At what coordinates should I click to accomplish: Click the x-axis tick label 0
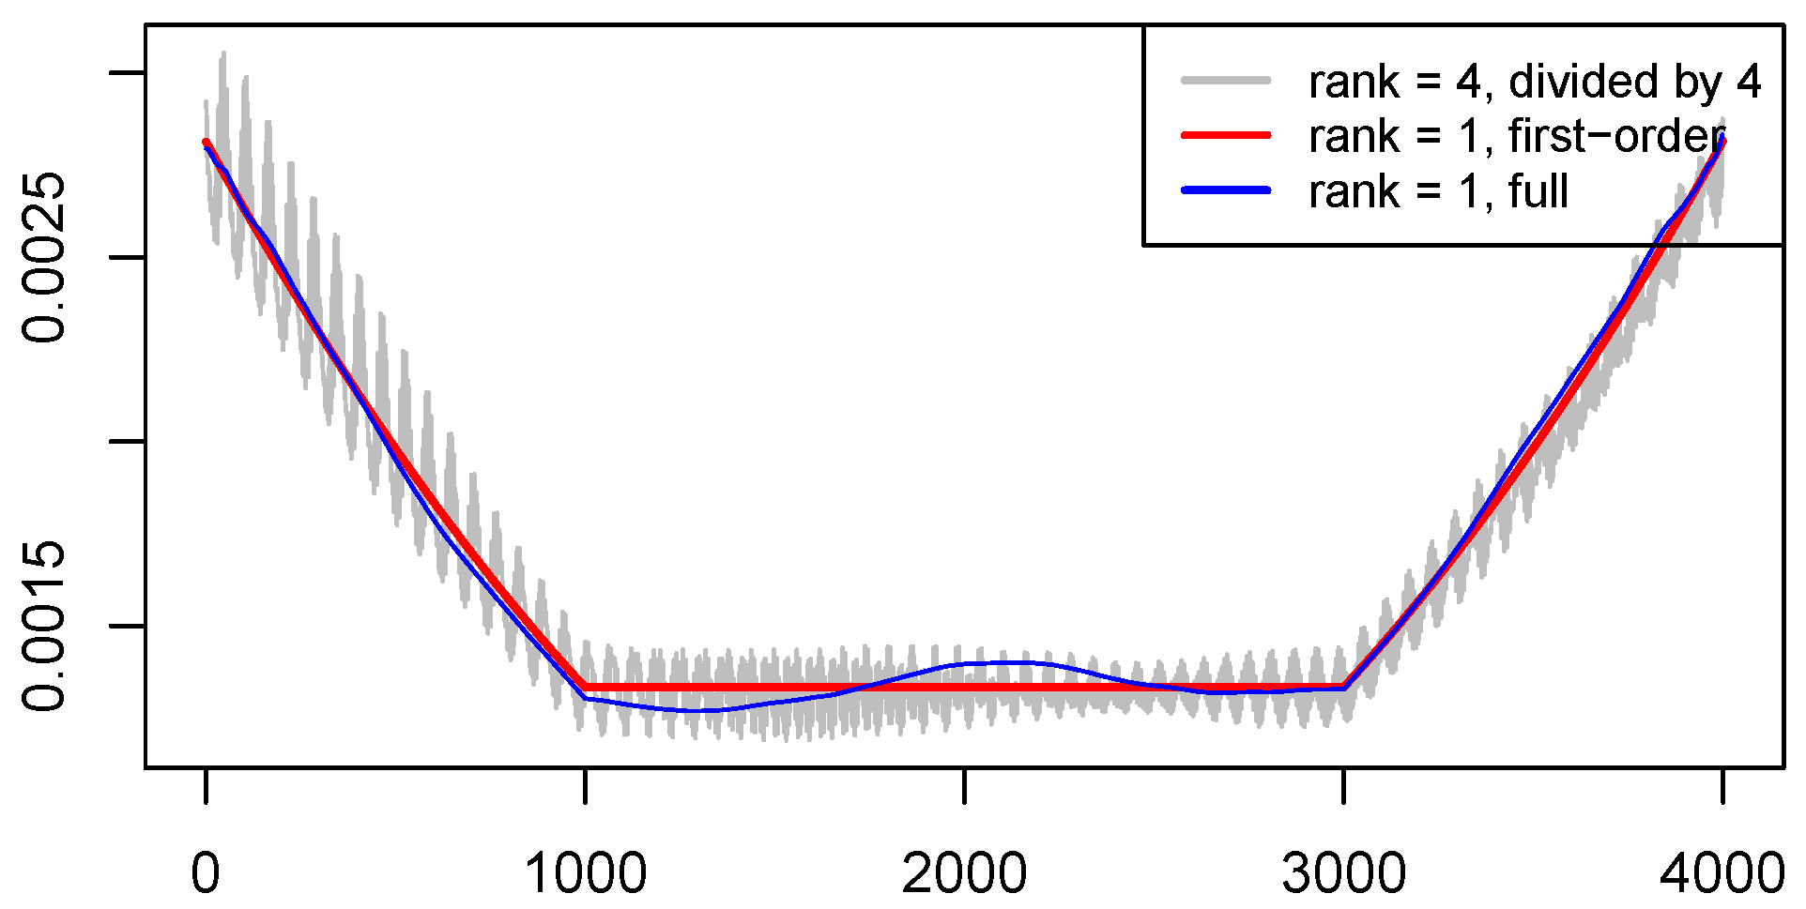[206, 873]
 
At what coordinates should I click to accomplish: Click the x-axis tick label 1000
[586, 873]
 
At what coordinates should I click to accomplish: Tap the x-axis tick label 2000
[964, 873]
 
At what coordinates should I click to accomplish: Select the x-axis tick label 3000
[1343, 873]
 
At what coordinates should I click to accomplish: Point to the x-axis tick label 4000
[1722, 873]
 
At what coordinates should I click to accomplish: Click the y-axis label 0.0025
[44, 258]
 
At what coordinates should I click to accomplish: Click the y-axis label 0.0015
[44, 626]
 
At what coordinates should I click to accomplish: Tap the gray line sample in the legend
[1226, 81]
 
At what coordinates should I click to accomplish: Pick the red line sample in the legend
[1226, 136]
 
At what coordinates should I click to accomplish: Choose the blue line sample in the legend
[1226, 190]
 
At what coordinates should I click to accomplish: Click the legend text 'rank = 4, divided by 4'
[1535, 82]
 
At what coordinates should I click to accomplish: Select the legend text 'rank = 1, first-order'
[1517, 137]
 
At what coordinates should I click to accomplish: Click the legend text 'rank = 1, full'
[1438, 191]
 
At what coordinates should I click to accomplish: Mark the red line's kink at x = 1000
[586, 687]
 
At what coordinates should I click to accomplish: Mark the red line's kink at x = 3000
[1344, 687]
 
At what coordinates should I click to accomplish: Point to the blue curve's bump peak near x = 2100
[1014, 662]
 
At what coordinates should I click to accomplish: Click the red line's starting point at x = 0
[206, 142]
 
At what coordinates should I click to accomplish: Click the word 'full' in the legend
[1538, 191]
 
